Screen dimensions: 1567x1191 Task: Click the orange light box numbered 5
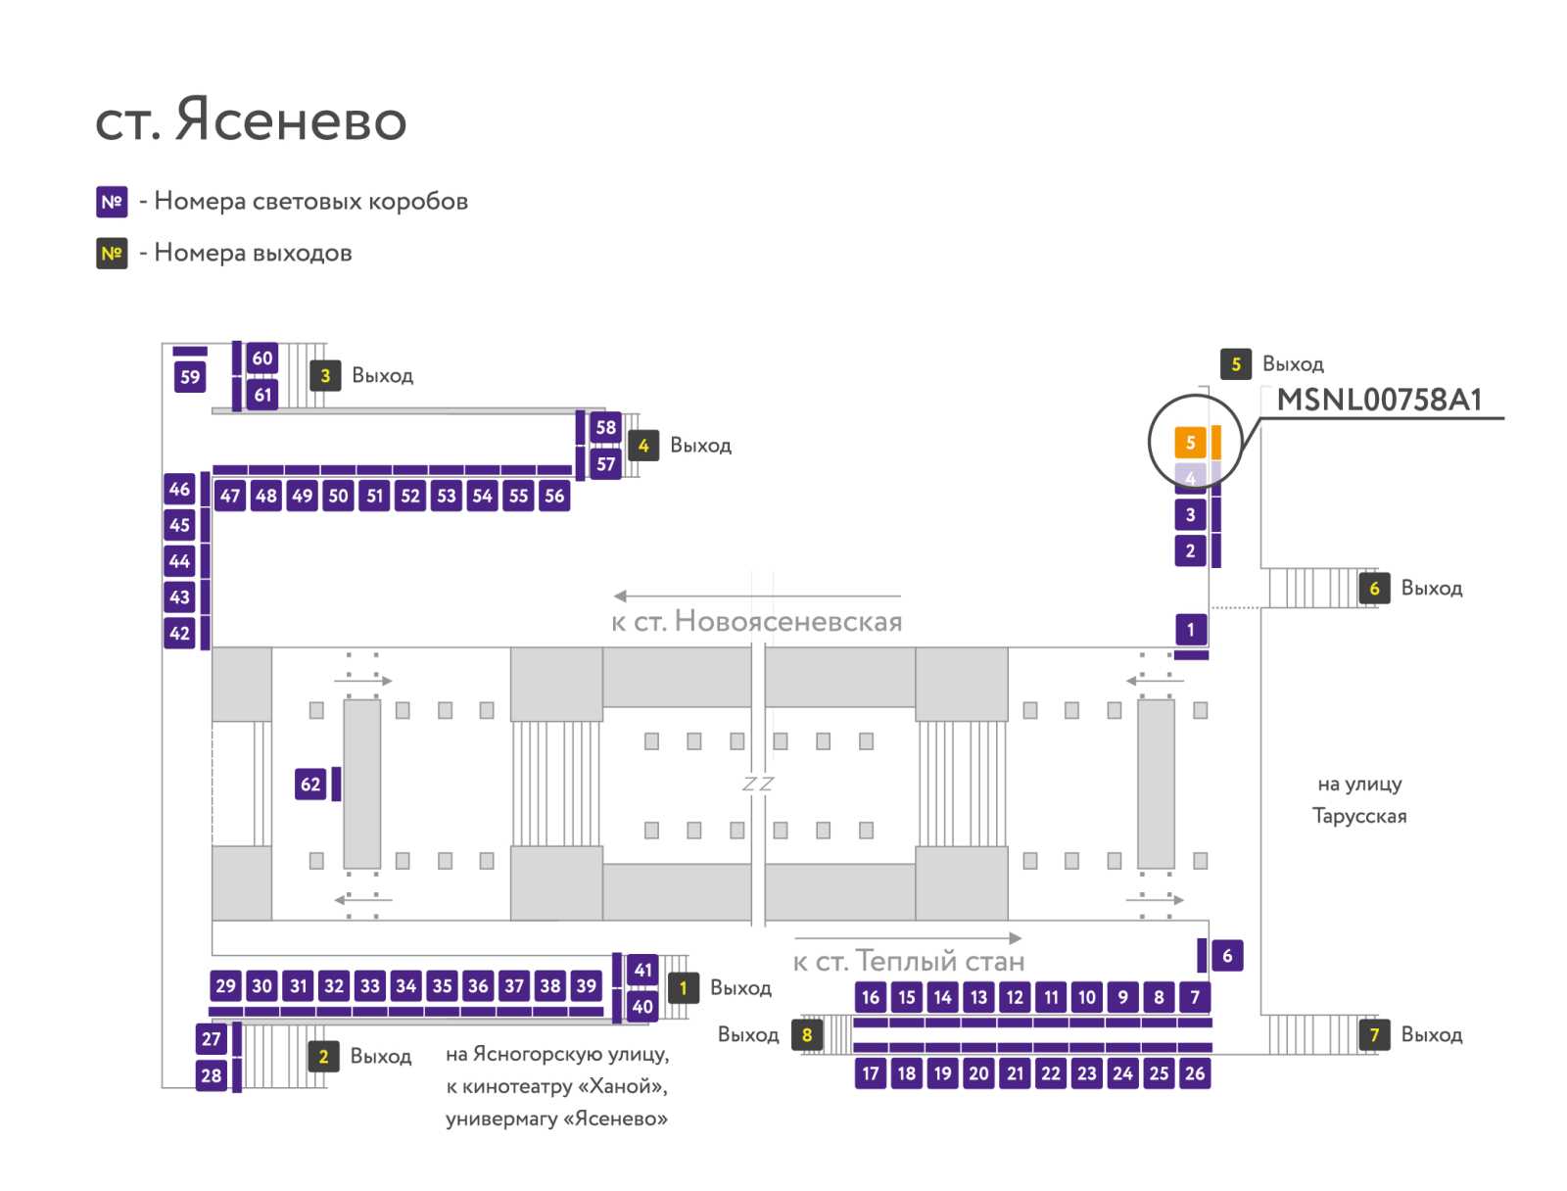pos(1189,443)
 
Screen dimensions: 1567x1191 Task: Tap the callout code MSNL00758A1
pos(1379,400)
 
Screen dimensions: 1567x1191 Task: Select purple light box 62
pos(310,784)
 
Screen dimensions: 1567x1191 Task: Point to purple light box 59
pos(190,377)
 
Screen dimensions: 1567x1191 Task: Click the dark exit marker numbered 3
pos(325,375)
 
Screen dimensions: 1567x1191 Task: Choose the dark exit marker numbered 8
pos(807,1034)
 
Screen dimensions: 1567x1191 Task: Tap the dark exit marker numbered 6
pos(1374,589)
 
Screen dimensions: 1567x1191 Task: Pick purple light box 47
pos(230,496)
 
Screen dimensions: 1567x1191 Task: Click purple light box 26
pos(1194,1073)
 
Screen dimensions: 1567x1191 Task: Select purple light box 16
pos(871,997)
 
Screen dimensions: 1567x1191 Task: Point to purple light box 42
pos(179,633)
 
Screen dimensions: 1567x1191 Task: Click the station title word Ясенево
pos(291,119)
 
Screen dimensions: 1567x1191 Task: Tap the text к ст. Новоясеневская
pos(757,622)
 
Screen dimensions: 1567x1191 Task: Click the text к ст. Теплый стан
pos(909,961)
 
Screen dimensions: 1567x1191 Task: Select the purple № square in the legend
pos(112,202)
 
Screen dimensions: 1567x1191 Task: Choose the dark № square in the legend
pos(112,254)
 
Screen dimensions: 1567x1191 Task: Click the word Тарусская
pos(1359,816)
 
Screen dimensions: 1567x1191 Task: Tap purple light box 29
pos(225,985)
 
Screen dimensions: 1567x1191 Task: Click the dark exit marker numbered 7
pos(1374,1034)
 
